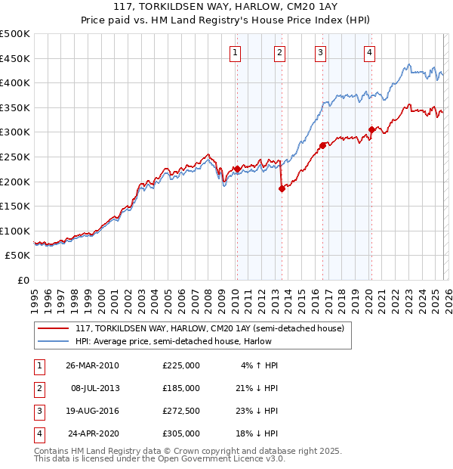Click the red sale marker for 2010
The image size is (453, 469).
(236, 169)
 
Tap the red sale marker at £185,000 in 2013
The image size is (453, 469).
(282, 188)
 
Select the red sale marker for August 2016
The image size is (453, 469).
(322, 145)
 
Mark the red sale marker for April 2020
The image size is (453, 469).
(371, 129)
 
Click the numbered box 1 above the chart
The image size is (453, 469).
(236, 52)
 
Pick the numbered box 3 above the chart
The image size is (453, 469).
(321, 52)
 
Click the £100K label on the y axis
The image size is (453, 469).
(15, 231)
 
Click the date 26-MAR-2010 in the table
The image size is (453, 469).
(92, 365)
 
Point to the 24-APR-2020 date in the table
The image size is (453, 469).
(92, 433)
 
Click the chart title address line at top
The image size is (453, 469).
(226, 9)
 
